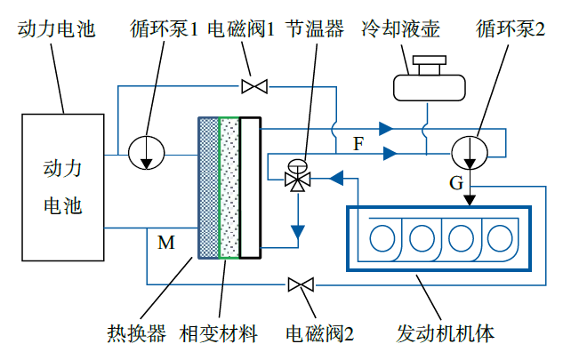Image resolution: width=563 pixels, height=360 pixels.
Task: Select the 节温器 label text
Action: [x=315, y=30]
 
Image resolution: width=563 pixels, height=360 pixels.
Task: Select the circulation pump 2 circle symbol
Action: [x=470, y=152]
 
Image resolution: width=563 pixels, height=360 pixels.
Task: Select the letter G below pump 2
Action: [x=456, y=184]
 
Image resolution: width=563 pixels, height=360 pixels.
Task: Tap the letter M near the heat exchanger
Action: [x=165, y=242]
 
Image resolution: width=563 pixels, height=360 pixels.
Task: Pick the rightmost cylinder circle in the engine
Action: [x=499, y=238]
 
